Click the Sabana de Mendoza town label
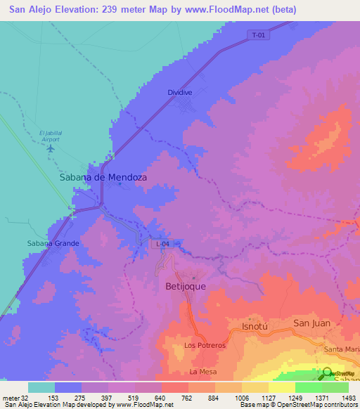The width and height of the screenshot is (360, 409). coord(103,178)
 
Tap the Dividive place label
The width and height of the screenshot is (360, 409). coord(180,92)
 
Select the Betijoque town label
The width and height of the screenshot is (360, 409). coord(188,287)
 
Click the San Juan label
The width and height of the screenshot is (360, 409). coord(311,323)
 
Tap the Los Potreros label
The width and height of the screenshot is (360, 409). coord(205,346)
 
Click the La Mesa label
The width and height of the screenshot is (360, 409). coord(203,371)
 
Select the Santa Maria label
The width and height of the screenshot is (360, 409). coord(342,349)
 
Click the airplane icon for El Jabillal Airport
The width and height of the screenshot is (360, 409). coord(50,154)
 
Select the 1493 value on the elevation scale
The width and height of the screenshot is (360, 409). coord(349,398)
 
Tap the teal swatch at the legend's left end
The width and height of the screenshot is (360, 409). coord(41,387)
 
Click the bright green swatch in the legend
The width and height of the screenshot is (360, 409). coord(309,387)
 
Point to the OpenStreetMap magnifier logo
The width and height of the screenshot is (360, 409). coord(327,375)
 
